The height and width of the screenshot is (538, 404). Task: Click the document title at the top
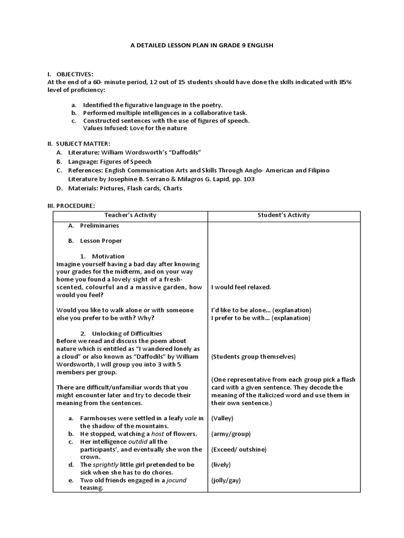point(201,46)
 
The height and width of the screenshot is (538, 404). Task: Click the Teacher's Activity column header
point(130,215)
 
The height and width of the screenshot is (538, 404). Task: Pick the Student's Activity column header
point(284,215)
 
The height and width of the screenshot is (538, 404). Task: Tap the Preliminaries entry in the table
point(99,226)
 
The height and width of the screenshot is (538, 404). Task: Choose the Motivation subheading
point(108,256)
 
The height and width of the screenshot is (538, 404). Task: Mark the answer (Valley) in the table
point(222,418)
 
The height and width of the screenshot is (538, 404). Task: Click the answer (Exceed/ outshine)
point(238,450)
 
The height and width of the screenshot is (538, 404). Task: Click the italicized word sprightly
point(108,465)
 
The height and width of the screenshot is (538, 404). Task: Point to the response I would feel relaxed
point(241,287)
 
